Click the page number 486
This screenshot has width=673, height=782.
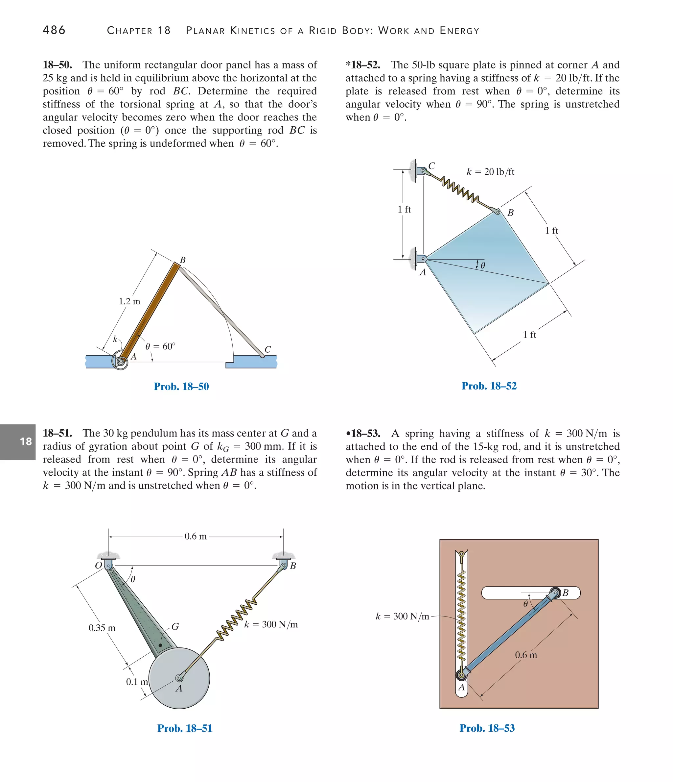tap(54, 30)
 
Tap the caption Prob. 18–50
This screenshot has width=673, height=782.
tap(181, 387)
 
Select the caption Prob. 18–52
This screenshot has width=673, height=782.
tap(489, 386)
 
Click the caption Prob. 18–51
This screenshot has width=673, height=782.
tap(184, 728)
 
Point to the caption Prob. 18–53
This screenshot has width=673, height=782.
tap(487, 728)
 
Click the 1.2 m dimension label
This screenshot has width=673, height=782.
tap(129, 301)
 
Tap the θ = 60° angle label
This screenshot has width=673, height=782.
tap(160, 346)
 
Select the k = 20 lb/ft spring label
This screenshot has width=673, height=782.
tap(490, 172)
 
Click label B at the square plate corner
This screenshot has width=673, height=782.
tap(510, 213)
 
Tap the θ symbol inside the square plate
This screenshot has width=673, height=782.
tap(483, 265)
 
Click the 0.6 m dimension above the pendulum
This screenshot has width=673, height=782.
tap(195, 536)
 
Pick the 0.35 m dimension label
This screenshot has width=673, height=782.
tap(102, 628)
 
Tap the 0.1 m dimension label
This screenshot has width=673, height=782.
tap(136, 682)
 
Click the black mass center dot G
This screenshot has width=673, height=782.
tap(160, 645)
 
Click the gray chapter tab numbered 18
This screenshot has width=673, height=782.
tap(18, 442)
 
